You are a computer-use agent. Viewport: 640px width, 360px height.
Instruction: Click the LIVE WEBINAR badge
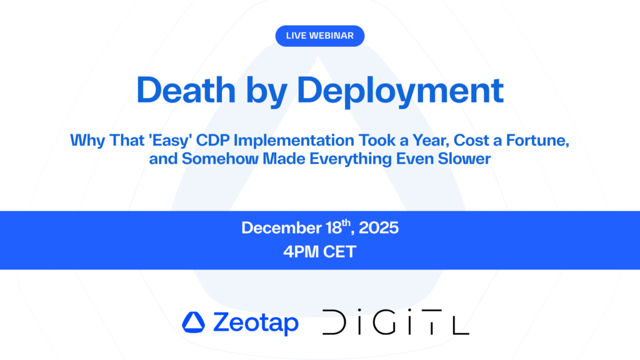click(x=319, y=36)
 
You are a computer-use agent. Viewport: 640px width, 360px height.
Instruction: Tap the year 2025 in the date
click(x=377, y=228)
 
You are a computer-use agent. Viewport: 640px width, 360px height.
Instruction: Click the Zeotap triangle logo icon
click(x=193, y=322)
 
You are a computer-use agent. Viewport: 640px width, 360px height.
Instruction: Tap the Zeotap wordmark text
click(x=255, y=322)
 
